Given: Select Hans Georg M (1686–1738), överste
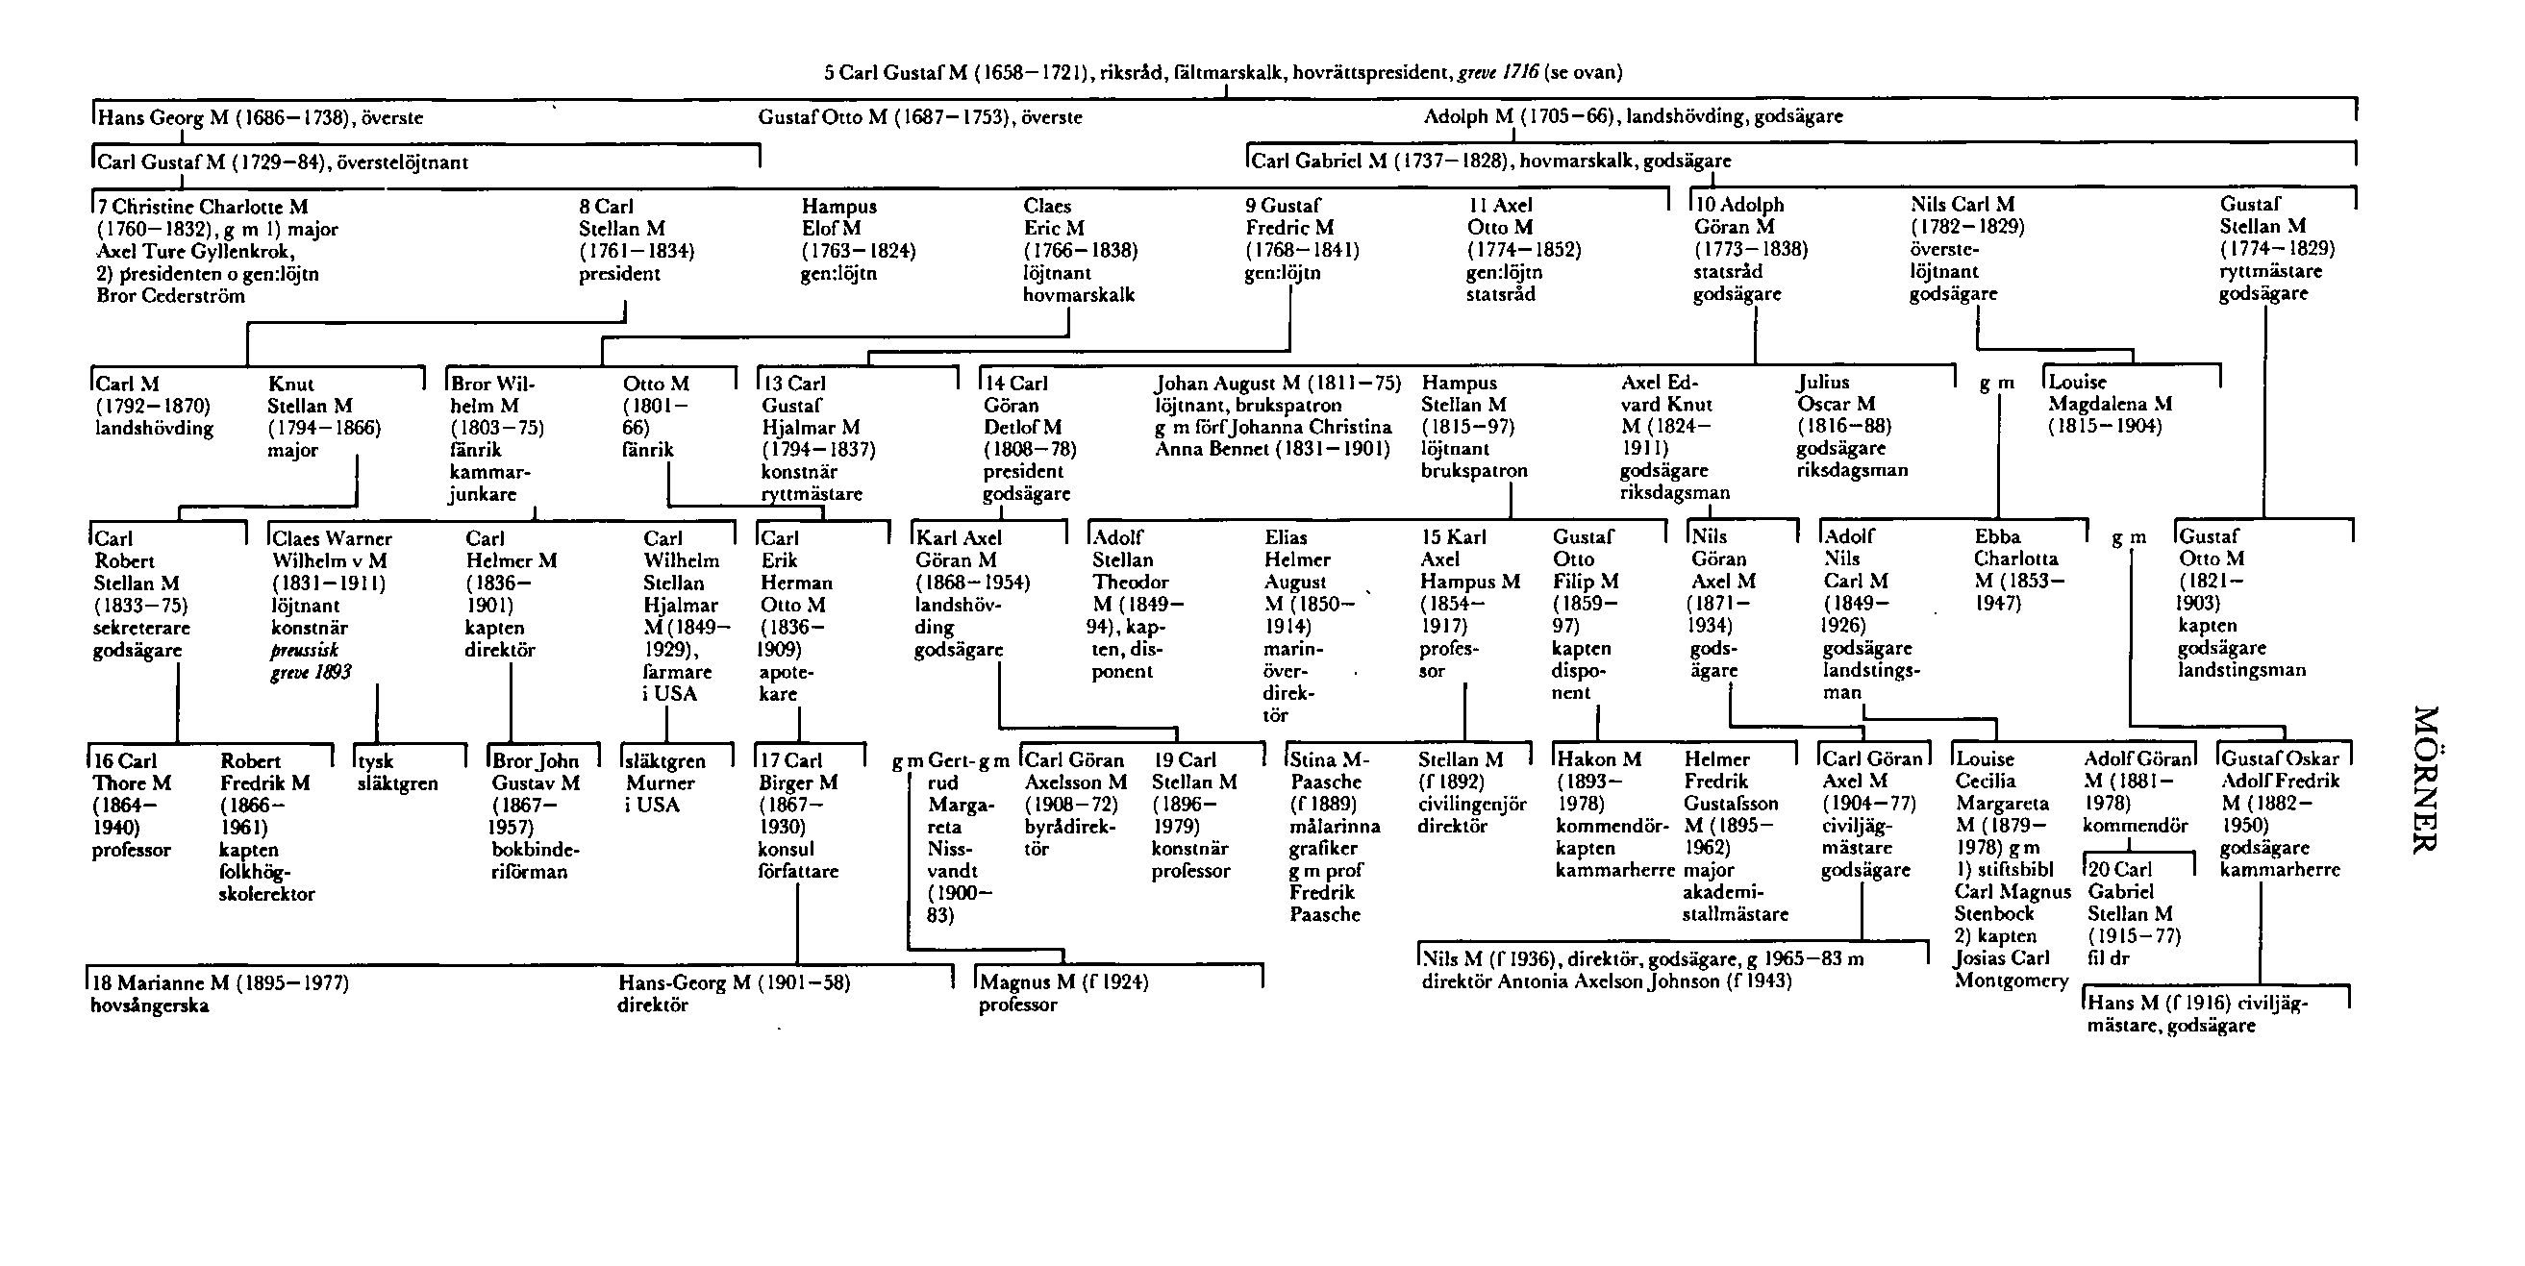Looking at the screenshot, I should (261, 117).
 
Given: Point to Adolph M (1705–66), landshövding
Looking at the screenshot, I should (1632, 116).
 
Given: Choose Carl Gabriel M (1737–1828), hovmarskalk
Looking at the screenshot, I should (1490, 161).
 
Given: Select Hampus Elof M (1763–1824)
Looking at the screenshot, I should (858, 239).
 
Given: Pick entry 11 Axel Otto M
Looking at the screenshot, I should (1523, 249).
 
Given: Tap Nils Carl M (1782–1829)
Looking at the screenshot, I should (1966, 248).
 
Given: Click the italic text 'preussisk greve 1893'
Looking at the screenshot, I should (311, 661).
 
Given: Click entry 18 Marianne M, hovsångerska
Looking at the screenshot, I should (218, 993).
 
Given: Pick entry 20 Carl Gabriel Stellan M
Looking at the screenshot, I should (2134, 913).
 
